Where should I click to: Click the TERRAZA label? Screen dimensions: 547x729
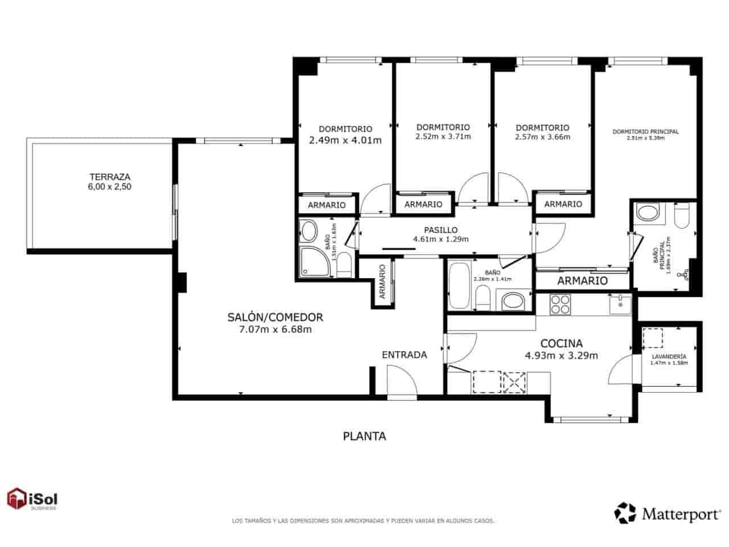point(109,177)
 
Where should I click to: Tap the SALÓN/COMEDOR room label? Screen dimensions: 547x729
point(275,317)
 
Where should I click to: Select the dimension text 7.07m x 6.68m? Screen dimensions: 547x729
point(275,329)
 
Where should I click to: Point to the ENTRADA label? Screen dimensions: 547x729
point(404,354)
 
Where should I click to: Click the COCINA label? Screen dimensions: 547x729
point(561,344)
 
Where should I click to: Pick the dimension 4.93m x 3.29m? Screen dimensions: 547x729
point(561,356)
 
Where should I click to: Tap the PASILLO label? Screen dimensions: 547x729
point(441,230)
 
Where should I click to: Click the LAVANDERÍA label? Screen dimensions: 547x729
point(669,357)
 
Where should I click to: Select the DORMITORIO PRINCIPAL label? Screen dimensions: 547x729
point(645,132)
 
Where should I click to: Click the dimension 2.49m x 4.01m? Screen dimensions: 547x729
point(345,140)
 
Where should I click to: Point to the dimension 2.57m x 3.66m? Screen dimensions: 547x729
point(542,137)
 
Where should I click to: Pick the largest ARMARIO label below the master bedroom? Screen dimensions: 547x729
point(582,280)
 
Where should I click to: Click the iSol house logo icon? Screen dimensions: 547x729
point(17,499)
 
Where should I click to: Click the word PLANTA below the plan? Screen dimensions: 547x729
point(364,436)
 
